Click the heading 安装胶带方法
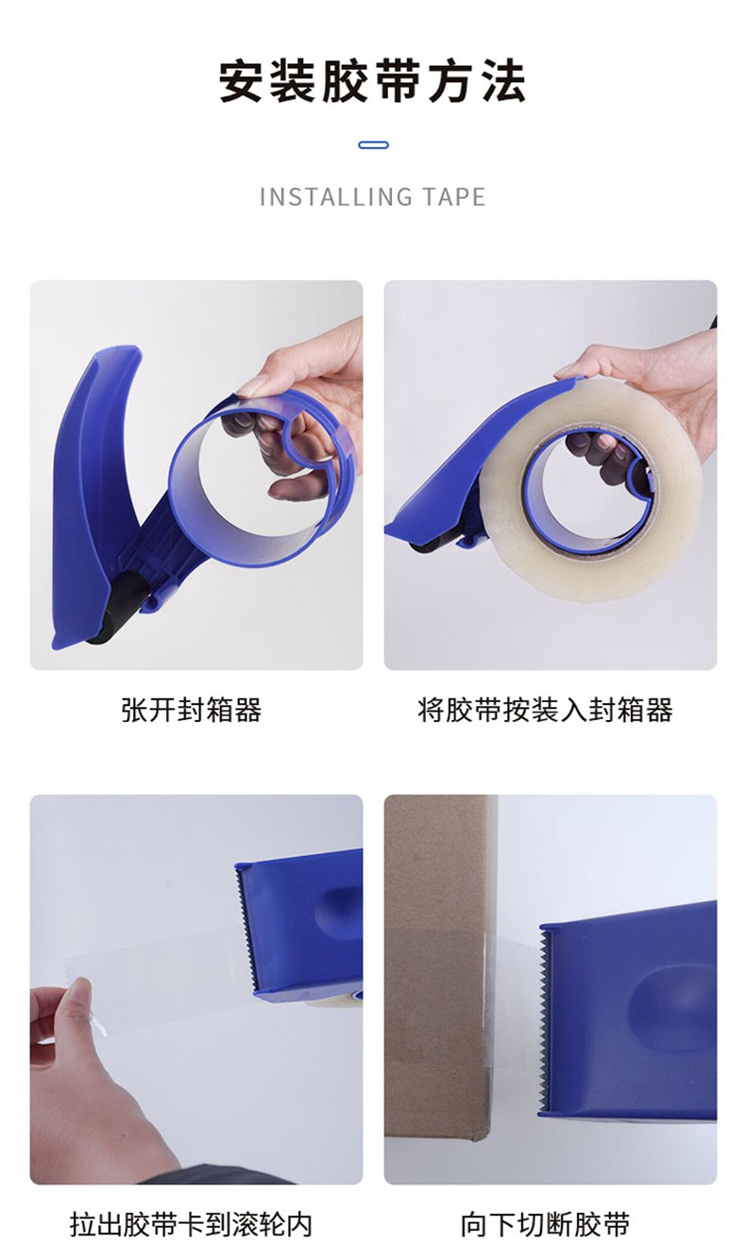[372, 82]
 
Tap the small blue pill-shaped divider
[373, 145]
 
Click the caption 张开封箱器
[192, 710]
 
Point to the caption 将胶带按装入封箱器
[545, 710]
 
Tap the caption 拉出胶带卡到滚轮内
[191, 1224]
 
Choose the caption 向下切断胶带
[545, 1224]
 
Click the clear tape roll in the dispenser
[590, 489]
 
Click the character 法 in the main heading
[504, 82]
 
